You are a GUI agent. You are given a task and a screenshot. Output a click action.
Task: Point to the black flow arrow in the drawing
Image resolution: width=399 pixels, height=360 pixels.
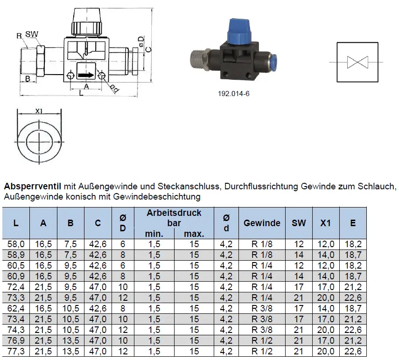pos(85,75)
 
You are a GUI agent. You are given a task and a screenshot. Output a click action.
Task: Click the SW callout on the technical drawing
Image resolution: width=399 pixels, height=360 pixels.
pos(32,34)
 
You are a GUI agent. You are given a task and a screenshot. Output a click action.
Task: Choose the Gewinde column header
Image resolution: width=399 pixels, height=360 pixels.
pos(262,223)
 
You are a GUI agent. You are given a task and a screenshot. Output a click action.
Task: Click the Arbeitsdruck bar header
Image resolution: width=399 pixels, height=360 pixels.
pos(174,218)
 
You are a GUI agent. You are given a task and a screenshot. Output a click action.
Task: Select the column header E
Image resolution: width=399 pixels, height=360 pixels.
pos(353,223)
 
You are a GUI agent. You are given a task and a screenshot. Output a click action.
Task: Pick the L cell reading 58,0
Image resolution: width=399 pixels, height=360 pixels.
pos(16,244)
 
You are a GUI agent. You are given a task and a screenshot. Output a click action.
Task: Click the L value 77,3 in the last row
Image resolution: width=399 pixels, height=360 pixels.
pos(16,351)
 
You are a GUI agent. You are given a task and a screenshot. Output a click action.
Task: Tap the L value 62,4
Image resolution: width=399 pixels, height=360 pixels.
pos(16,308)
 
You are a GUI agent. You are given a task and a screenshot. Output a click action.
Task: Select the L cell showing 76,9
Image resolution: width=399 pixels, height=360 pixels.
pos(16,340)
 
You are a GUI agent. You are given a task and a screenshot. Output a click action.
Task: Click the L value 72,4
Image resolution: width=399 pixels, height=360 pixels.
pos(16,287)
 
